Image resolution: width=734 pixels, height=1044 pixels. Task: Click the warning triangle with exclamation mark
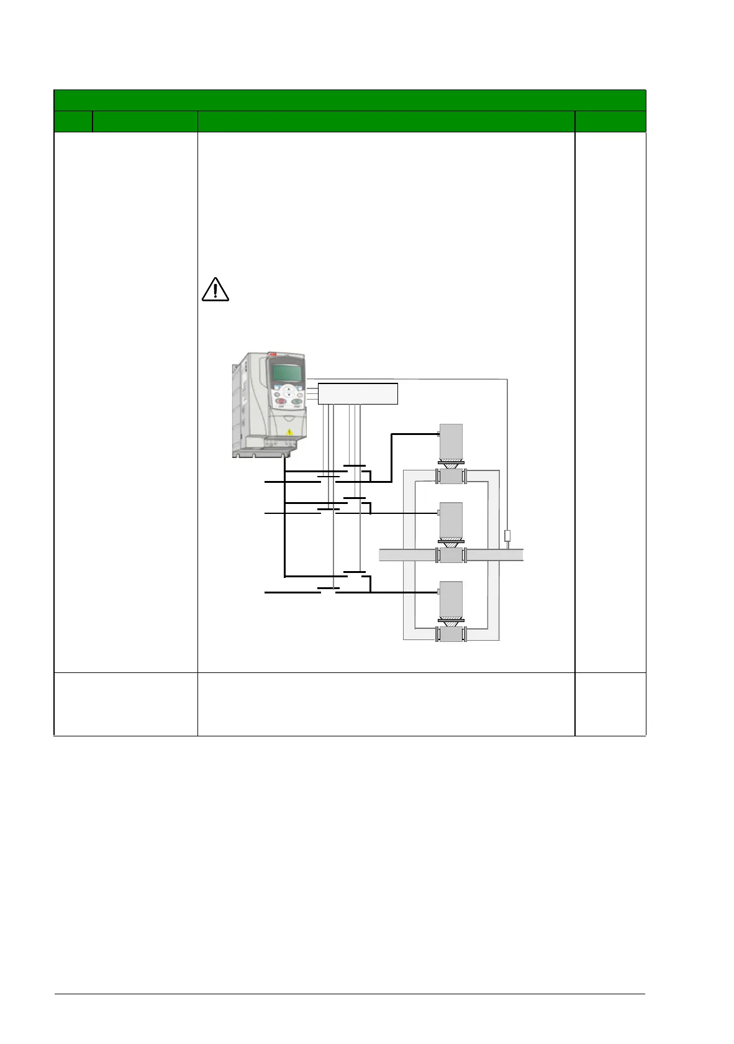point(215,290)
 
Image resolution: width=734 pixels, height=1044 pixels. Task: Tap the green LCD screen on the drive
point(286,373)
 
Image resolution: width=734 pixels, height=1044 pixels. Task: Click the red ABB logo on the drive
point(273,355)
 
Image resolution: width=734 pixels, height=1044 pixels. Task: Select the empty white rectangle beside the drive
point(358,394)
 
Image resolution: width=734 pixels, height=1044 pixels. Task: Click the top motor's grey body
point(451,442)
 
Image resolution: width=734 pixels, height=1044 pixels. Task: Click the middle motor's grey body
point(451,520)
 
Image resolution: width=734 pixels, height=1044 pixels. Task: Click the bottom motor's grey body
point(451,598)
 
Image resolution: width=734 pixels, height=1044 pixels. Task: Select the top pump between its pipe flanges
point(451,477)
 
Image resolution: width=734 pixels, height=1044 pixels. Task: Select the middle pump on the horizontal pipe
point(451,556)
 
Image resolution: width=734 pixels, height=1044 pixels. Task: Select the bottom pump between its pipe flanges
point(451,634)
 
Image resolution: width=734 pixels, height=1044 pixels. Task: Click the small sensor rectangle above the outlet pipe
point(507,536)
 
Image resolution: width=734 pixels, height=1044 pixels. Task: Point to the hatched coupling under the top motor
point(451,463)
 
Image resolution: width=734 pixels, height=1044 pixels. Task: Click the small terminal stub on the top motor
point(438,434)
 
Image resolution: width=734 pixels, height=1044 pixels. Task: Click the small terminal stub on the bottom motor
point(438,592)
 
